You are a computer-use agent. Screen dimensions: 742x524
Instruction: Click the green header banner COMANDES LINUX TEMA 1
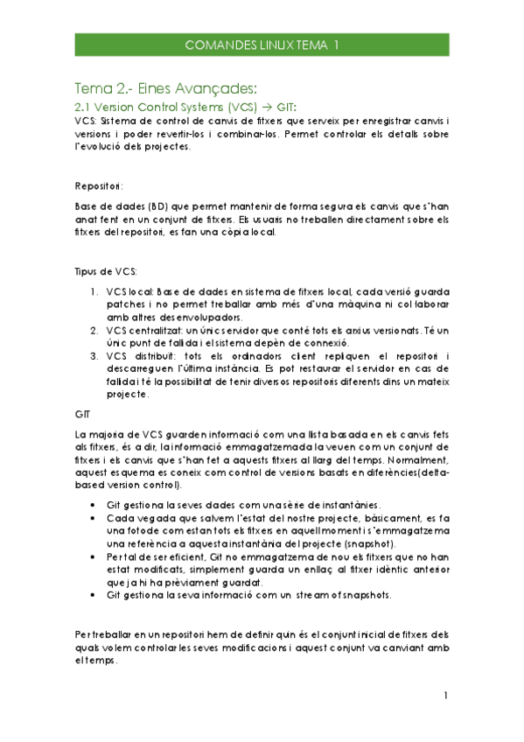click(x=262, y=45)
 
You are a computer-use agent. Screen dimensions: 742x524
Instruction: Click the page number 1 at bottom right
click(x=444, y=696)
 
